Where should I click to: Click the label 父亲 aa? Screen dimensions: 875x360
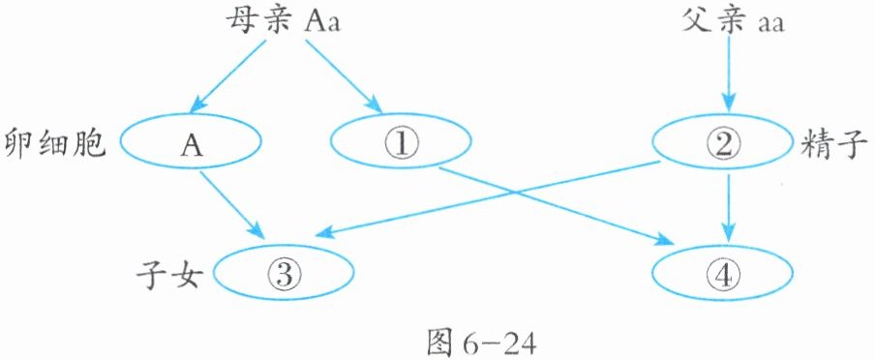(732, 22)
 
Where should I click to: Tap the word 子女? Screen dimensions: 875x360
(167, 275)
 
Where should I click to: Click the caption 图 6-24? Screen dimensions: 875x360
(481, 344)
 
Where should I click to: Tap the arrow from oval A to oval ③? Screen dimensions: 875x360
(231, 204)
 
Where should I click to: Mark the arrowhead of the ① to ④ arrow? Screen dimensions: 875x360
(664, 239)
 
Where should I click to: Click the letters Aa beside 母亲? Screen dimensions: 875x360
(322, 23)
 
